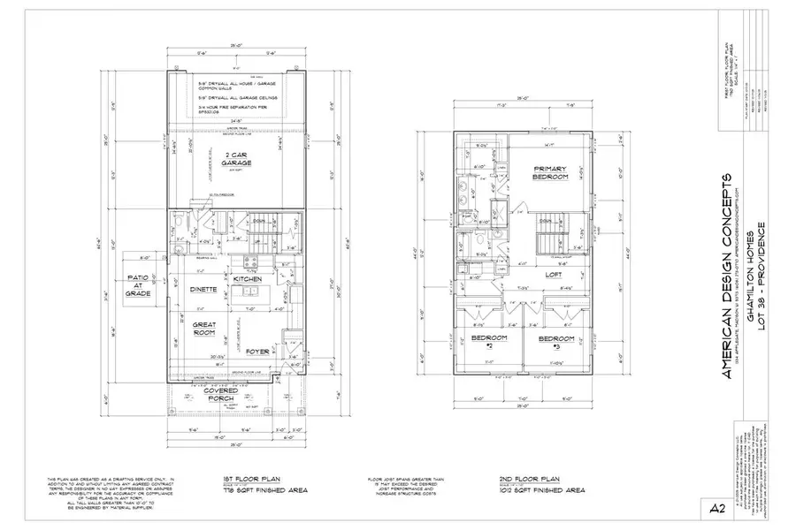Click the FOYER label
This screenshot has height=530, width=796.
click(257, 352)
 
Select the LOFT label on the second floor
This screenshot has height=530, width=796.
click(554, 276)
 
